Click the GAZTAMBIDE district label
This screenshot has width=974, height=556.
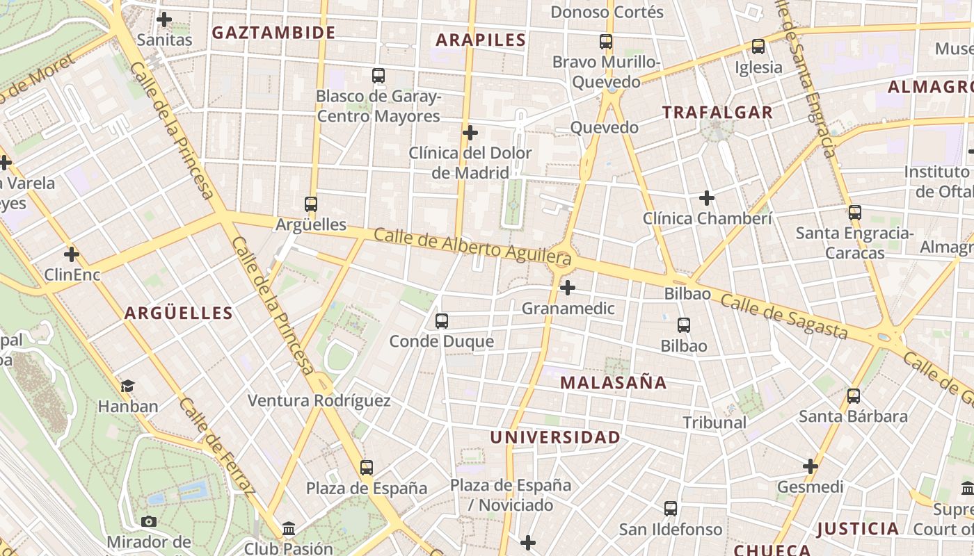click(x=273, y=33)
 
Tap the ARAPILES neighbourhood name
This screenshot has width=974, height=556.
click(x=481, y=40)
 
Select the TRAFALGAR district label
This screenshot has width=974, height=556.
click(x=717, y=113)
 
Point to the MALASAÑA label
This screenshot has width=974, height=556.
click(x=614, y=383)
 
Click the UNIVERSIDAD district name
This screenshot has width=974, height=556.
click(x=555, y=438)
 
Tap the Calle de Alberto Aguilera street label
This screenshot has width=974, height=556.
click(x=472, y=247)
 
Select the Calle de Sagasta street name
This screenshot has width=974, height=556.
click(x=784, y=316)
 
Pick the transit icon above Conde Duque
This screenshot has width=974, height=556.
click(x=442, y=321)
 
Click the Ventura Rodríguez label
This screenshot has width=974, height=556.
click(x=319, y=401)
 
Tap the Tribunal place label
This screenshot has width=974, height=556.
click(x=714, y=423)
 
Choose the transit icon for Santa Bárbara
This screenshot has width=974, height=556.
click(x=854, y=397)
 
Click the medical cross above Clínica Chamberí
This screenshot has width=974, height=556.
click(x=707, y=199)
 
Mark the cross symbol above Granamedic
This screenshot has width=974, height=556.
click(x=568, y=287)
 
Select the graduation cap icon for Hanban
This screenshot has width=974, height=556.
click(x=127, y=386)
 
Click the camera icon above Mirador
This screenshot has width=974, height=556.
click(x=148, y=521)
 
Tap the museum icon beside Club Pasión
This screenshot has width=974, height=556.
click(x=289, y=530)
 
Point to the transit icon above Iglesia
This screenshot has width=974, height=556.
click(x=758, y=47)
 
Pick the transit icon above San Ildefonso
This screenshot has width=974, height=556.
click(x=671, y=509)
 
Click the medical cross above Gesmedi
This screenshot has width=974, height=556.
click(x=811, y=466)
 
